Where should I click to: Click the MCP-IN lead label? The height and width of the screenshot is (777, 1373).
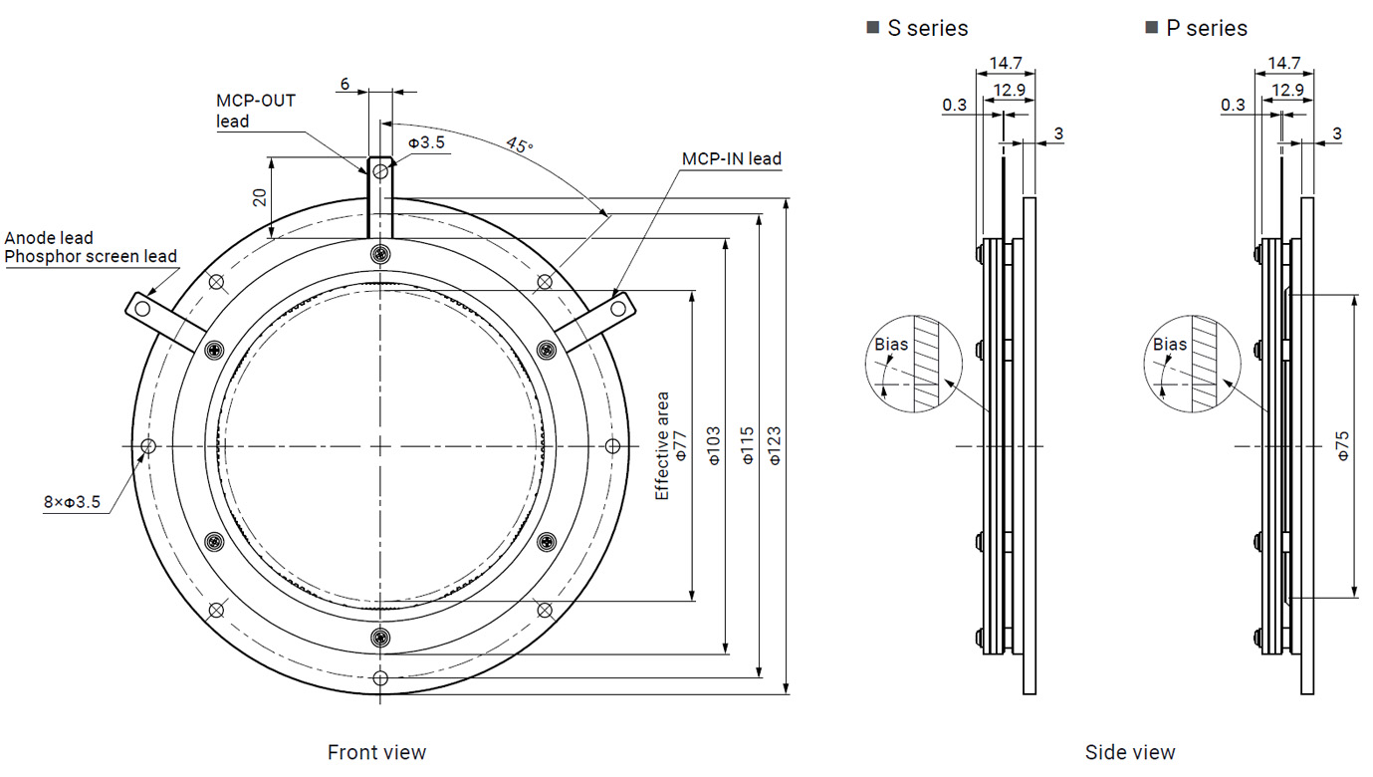coord(731,158)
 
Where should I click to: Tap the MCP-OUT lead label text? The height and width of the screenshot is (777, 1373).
coord(256,111)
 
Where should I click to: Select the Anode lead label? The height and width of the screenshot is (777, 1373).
coord(49,238)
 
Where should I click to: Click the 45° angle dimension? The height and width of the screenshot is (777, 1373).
coord(519,145)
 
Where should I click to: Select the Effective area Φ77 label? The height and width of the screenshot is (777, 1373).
coord(671,445)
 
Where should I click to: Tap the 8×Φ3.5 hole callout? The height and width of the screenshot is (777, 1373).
coord(72,502)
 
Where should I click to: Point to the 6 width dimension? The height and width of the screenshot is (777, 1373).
coord(344,85)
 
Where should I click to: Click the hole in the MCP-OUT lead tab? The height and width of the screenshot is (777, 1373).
coord(380,173)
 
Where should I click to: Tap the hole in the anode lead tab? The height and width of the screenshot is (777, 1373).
coord(143,309)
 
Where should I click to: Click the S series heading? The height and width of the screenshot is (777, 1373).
coord(927,28)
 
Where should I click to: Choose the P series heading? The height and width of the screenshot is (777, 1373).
coord(1206,28)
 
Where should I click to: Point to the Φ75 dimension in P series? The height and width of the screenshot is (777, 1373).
coord(1342,445)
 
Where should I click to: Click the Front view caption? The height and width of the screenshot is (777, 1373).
coord(376,752)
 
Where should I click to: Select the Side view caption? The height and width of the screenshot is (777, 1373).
coord(1130,752)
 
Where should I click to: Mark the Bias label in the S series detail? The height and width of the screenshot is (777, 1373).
coord(891,344)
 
